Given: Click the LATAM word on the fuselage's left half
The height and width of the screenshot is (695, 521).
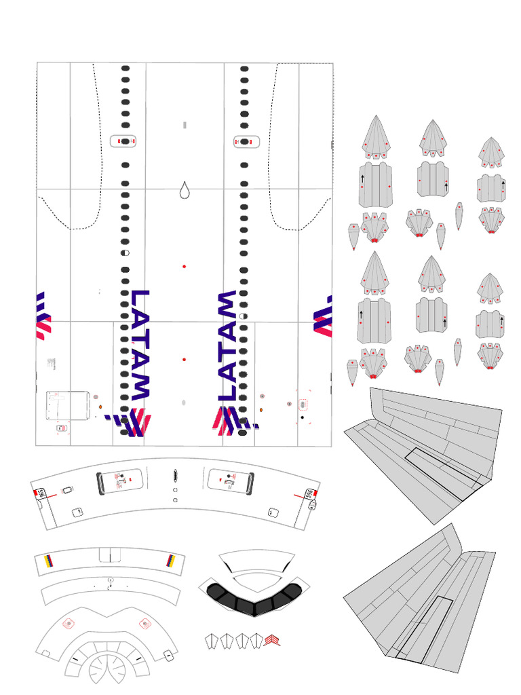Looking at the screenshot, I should (x=140, y=343).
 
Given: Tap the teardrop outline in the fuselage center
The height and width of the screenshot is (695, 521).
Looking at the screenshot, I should (x=185, y=191).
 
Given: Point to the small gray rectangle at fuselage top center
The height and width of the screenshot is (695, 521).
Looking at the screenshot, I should (x=185, y=125).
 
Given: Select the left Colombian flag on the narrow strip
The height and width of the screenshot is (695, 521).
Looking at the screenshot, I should (x=47, y=561).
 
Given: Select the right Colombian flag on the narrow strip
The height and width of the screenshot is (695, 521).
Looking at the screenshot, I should (x=170, y=561).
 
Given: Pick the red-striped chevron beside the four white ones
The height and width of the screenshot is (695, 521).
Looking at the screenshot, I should (x=272, y=640).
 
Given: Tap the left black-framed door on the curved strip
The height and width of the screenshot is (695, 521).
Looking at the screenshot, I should (x=121, y=481).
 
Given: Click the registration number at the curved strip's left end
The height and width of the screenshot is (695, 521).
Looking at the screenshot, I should (x=41, y=493).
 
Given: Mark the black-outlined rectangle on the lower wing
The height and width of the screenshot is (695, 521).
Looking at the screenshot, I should (x=425, y=628).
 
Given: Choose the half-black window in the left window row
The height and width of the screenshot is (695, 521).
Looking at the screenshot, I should (x=125, y=252).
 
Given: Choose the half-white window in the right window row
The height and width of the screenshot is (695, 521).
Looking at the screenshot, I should (x=244, y=316).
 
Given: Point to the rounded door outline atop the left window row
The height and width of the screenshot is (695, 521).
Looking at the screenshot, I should (x=125, y=141).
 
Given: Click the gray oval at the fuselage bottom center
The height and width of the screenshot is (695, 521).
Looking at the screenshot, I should (x=184, y=403).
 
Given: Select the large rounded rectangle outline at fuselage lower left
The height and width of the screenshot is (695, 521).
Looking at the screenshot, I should (x=68, y=405).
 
